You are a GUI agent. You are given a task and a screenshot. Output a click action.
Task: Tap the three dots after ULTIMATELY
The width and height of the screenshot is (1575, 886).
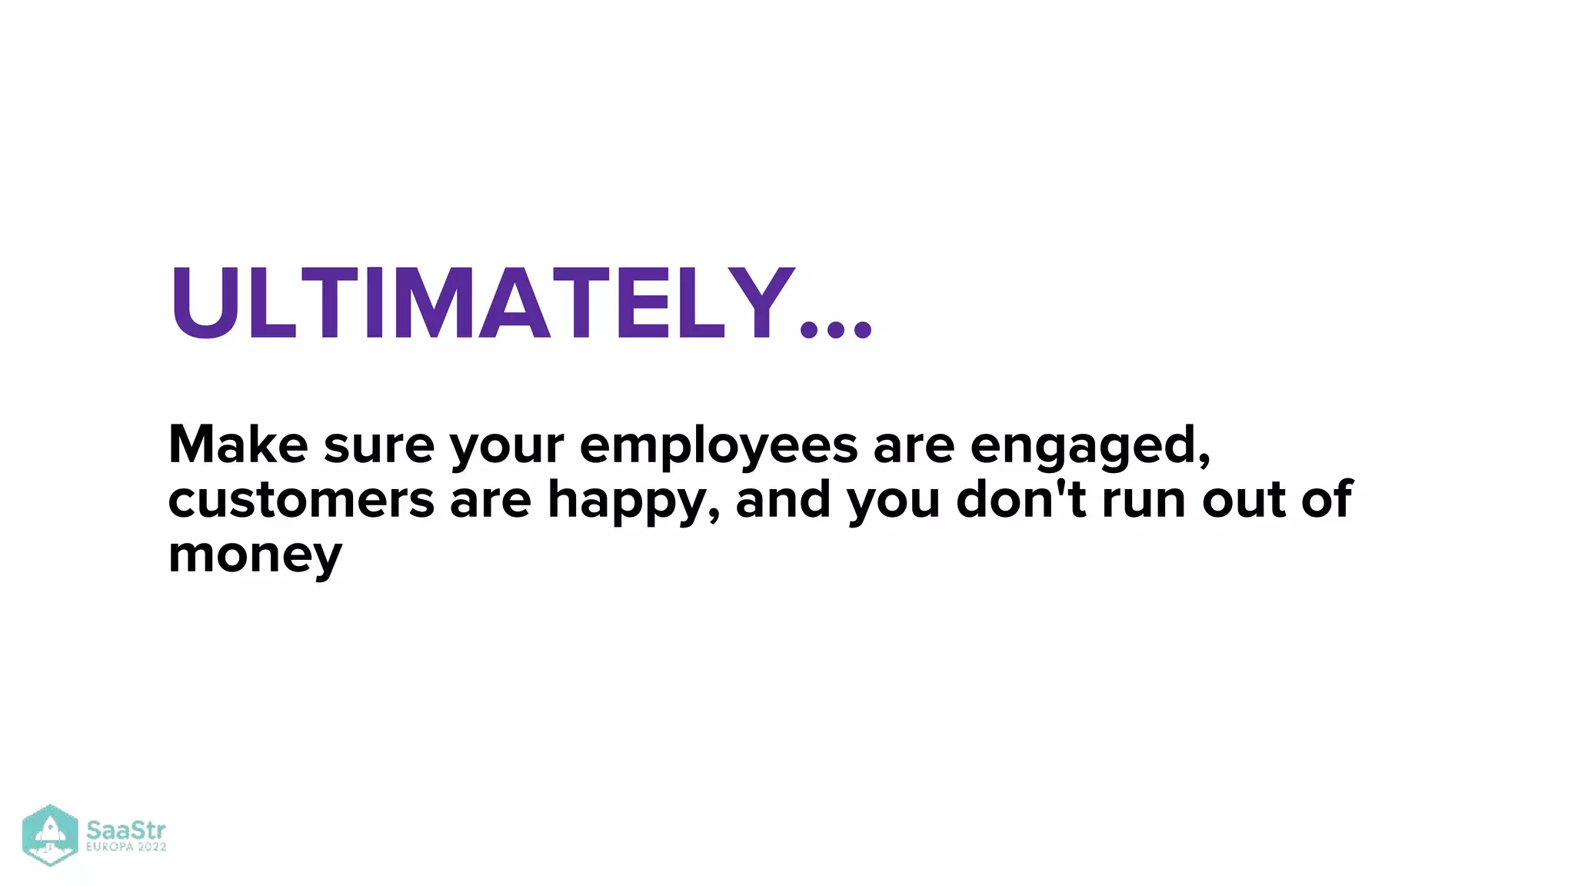tap(836, 330)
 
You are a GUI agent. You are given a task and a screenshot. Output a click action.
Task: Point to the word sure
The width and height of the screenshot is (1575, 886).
tap(378, 446)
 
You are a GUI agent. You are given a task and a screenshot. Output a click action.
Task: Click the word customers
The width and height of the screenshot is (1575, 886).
tap(301, 500)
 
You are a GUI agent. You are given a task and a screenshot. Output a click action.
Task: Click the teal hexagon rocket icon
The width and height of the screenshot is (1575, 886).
tap(50, 835)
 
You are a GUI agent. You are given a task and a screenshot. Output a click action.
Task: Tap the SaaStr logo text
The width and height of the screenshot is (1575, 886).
tap(125, 831)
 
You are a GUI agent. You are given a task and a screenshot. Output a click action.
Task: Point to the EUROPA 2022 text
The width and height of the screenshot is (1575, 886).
tap(126, 848)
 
